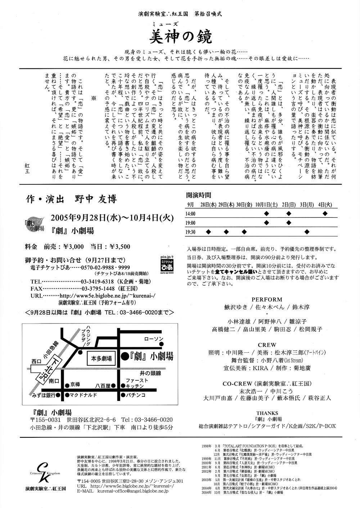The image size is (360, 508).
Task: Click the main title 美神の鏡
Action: (181, 36)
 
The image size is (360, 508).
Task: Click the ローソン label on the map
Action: (154, 339)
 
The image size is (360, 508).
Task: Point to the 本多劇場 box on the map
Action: (102, 358)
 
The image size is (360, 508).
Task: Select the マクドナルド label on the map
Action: (84, 395)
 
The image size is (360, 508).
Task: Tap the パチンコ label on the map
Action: (136, 395)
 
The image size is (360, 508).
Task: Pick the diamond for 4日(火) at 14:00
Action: (325, 213)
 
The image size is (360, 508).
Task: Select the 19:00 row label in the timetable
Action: (190, 223)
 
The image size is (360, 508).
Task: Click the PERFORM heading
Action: (267, 299)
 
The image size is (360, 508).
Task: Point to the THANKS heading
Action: (267, 413)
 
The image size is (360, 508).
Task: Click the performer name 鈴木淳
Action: (301, 307)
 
